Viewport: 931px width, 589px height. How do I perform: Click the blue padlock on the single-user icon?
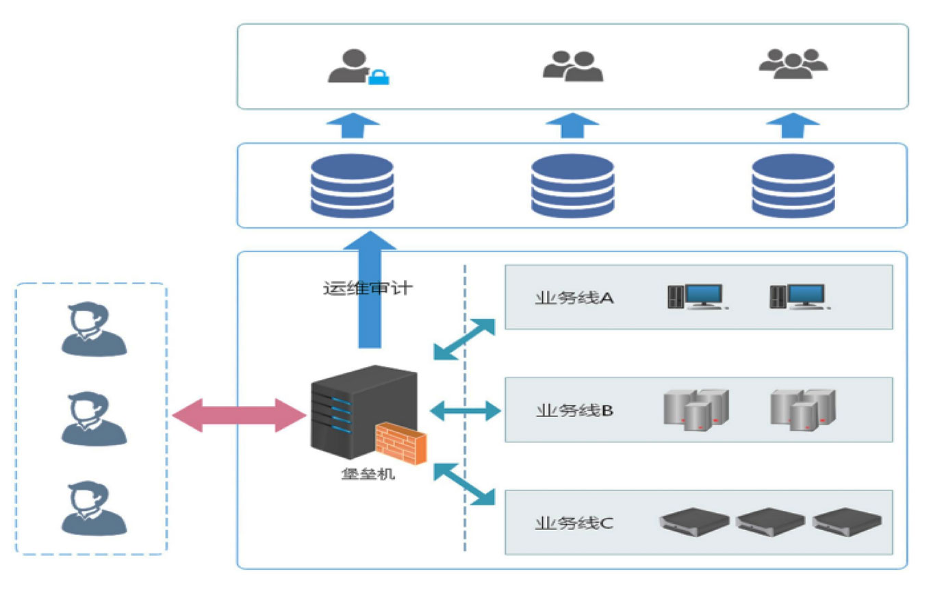tap(379, 77)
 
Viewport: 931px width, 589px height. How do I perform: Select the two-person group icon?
tap(573, 66)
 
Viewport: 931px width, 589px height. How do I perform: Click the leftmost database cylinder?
tap(352, 186)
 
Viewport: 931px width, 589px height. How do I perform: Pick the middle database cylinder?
tap(572, 186)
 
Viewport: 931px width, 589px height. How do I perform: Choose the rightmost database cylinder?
tap(793, 186)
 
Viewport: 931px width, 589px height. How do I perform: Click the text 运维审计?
tap(368, 288)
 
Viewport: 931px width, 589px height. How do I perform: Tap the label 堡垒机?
tap(368, 474)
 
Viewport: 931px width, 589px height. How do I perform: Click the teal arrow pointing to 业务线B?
tap(465, 411)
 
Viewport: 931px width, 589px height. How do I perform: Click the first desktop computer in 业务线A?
tap(696, 297)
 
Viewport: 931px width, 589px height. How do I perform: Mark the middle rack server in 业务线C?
tap(770, 521)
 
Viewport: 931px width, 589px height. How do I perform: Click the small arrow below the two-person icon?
tap(572, 126)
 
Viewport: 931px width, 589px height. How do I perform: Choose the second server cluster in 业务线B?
tap(803, 409)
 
